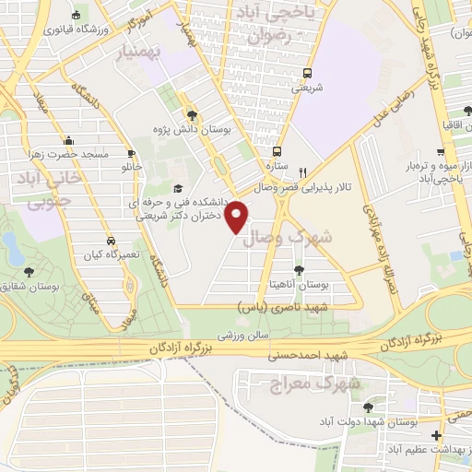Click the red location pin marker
tap(238, 216)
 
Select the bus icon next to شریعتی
tap(307, 74)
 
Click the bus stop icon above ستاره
tap(277, 152)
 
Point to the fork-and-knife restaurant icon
tap(302, 171)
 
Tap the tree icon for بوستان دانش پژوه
tap(192, 115)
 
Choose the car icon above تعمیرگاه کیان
tap(110, 237)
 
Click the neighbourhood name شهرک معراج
tap(301, 382)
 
